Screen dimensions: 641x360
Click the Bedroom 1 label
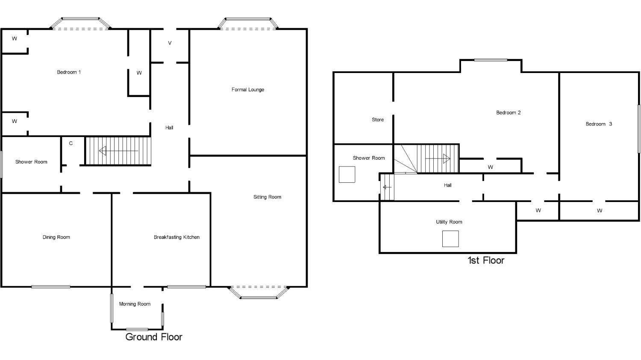(x=69, y=72)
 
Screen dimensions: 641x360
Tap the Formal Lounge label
(x=248, y=90)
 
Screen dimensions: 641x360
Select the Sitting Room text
(x=267, y=197)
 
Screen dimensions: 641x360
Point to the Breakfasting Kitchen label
(x=176, y=237)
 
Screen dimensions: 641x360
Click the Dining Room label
(x=56, y=237)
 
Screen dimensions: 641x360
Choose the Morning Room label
(x=135, y=304)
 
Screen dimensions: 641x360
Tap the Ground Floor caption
(x=154, y=337)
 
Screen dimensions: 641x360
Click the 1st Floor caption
(x=486, y=260)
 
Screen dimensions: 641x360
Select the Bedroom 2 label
(x=509, y=113)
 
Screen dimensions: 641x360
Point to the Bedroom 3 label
(x=599, y=124)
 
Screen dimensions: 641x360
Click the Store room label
(x=378, y=120)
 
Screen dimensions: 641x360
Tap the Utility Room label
(x=449, y=222)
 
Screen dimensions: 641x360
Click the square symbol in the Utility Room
(x=450, y=239)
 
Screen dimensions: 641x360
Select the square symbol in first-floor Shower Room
(x=347, y=174)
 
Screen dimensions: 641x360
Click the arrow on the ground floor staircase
(x=118, y=151)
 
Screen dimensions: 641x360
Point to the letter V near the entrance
(x=170, y=43)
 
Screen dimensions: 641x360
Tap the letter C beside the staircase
(x=71, y=143)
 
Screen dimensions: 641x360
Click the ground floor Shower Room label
(x=31, y=162)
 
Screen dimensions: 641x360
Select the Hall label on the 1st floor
(x=448, y=185)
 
